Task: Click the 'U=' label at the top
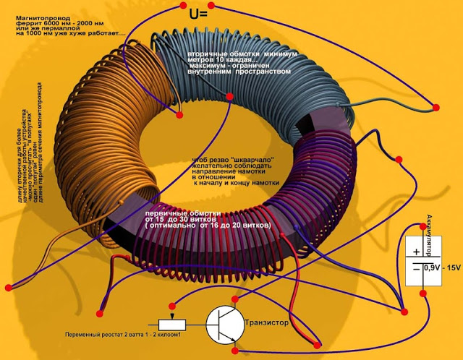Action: point(198,14)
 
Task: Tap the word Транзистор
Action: point(270,322)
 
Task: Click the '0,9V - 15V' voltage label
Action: point(442,269)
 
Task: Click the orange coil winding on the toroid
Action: point(109,116)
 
